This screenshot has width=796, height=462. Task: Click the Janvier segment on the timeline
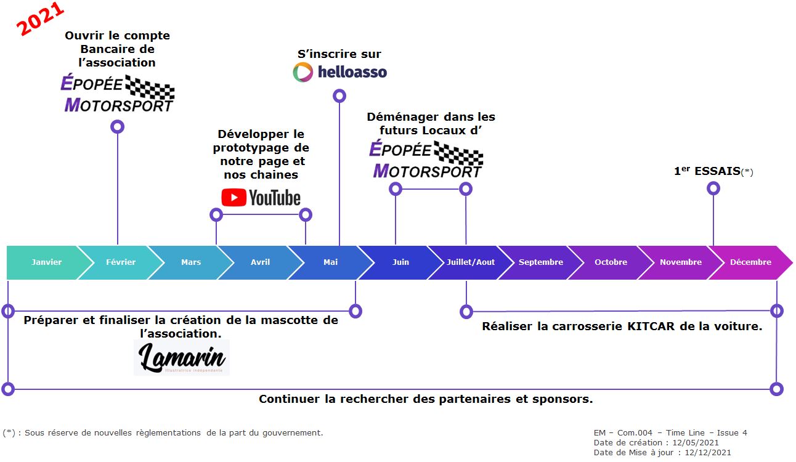pyautogui.click(x=46, y=262)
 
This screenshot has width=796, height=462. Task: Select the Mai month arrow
pyautogui.click(x=330, y=262)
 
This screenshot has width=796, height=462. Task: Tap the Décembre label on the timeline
pyautogui.click(x=750, y=262)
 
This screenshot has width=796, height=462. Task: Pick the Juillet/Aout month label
pyautogui.click(x=471, y=262)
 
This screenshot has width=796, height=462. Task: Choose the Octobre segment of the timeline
pyautogui.click(x=611, y=262)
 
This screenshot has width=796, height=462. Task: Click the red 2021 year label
pyautogui.click(x=40, y=18)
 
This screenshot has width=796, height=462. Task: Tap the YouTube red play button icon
pyautogui.click(x=234, y=198)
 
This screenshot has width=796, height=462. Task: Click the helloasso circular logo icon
pyautogui.click(x=303, y=72)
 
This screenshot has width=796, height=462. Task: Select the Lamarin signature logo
pyautogui.click(x=182, y=357)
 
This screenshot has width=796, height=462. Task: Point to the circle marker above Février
pyautogui.click(x=117, y=127)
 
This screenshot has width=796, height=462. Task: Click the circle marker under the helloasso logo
pyautogui.click(x=339, y=96)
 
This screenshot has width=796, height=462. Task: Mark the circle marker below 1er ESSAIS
pyautogui.click(x=713, y=188)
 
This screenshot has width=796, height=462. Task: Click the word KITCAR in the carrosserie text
pyautogui.click(x=651, y=326)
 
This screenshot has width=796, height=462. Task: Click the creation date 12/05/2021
pyautogui.click(x=696, y=442)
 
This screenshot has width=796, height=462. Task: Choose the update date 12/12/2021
pyautogui.click(x=708, y=452)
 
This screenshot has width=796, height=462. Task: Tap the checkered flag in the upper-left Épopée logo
pyautogui.click(x=150, y=87)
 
